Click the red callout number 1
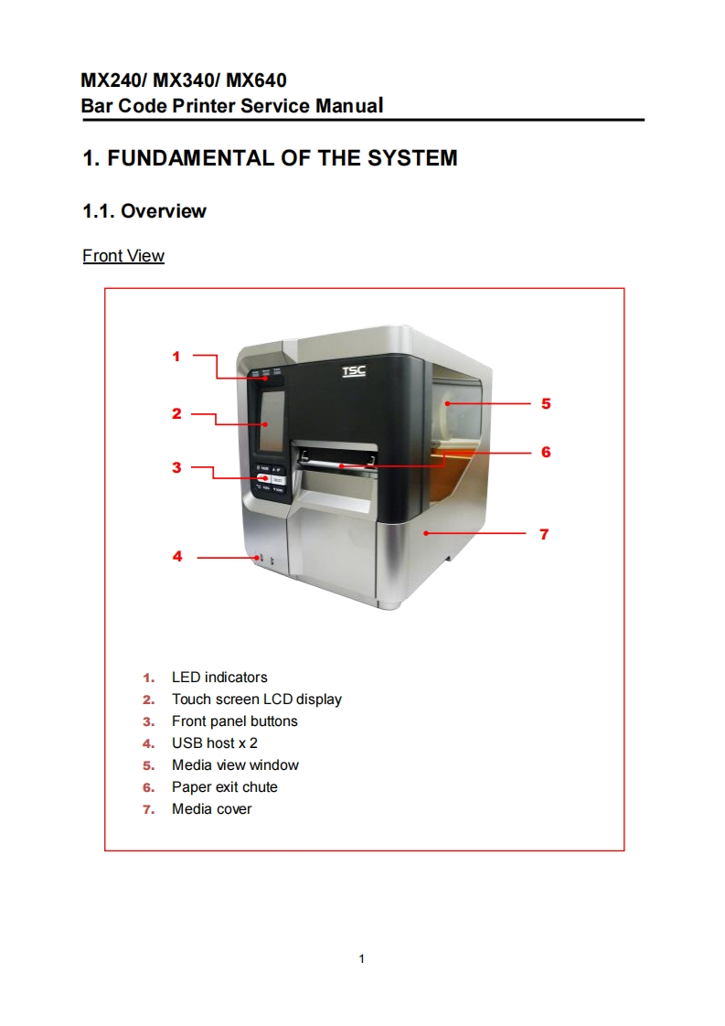(x=176, y=356)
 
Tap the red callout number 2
(x=176, y=413)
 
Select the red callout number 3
(x=176, y=467)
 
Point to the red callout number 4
(x=177, y=556)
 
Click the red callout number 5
(x=546, y=402)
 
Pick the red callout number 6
(x=546, y=452)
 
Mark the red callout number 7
(x=544, y=533)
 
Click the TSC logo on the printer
(x=353, y=371)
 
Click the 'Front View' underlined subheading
(x=123, y=256)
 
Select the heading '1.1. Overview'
(x=144, y=211)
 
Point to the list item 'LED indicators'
(x=219, y=678)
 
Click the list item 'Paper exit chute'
(x=225, y=787)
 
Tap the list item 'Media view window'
(x=235, y=765)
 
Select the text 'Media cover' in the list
(x=211, y=809)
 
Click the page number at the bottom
(x=362, y=958)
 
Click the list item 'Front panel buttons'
(x=235, y=721)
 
